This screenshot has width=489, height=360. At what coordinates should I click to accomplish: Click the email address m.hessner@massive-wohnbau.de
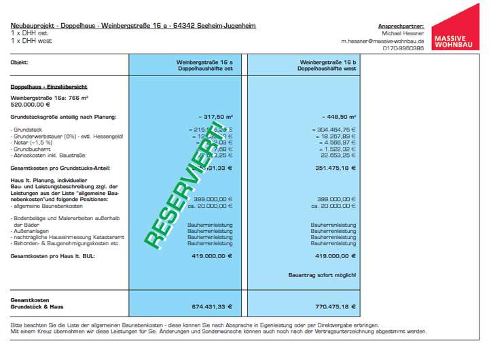[x=382, y=41]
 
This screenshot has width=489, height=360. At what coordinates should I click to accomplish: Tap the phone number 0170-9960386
[x=403, y=48]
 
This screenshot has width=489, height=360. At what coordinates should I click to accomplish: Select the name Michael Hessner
[x=402, y=33]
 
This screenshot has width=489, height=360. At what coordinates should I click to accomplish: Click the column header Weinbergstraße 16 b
[x=328, y=62]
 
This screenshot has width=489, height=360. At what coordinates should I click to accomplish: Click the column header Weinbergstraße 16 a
[x=204, y=62]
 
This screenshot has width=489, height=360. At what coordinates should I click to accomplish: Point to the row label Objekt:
[x=19, y=62]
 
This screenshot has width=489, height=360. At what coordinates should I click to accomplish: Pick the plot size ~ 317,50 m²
[x=215, y=117]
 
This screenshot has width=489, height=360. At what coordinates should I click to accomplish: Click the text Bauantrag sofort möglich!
[x=323, y=275]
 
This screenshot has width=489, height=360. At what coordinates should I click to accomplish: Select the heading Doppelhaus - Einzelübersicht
[x=48, y=87]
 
